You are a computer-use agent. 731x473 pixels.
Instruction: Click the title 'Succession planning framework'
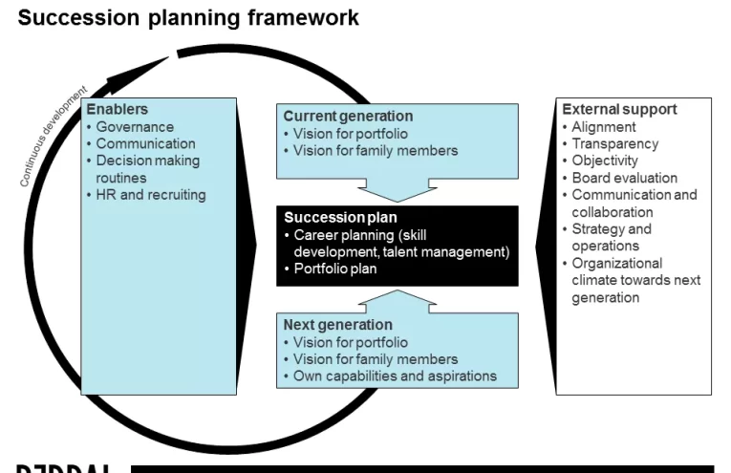click(x=188, y=18)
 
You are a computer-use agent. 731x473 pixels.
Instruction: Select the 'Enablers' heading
click(x=117, y=110)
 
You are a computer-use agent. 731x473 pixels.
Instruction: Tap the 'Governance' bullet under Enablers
click(x=135, y=127)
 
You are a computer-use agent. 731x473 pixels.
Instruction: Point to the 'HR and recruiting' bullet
click(x=150, y=195)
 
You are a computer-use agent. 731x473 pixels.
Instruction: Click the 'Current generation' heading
click(x=348, y=117)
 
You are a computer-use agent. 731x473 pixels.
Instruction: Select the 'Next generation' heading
click(x=337, y=325)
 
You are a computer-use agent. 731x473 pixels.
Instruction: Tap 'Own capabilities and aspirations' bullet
click(x=395, y=376)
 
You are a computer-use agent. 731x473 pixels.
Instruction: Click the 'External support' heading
click(x=619, y=109)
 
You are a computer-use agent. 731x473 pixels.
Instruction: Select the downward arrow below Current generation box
click(x=398, y=191)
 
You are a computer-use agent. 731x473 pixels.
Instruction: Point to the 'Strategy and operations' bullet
click(x=612, y=237)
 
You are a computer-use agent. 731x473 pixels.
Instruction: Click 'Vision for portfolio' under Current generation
click(x=351, y=134)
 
